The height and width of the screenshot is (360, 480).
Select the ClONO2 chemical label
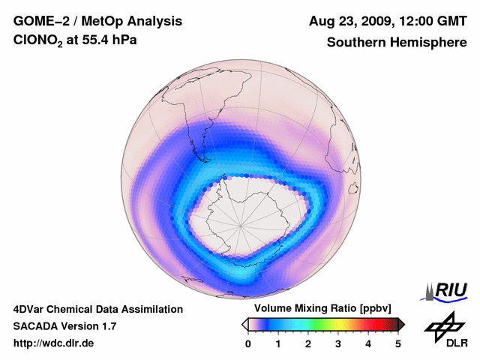tap(39, 43)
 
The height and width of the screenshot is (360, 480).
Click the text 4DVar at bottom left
tap(31, 309)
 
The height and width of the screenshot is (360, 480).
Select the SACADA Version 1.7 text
tap(64, 326)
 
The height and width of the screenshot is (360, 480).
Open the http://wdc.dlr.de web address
tap(54, 343)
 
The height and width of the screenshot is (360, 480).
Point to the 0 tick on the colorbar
tap(248, 343)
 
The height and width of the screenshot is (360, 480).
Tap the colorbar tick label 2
tap(308, 343)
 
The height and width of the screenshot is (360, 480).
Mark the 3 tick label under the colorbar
tap(338, 343)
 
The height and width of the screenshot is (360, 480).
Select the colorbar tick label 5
tap(398, 343)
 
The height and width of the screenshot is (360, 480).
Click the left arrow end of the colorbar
tap(244, 324)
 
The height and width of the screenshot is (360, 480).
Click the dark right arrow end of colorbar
tap(401, 324)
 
